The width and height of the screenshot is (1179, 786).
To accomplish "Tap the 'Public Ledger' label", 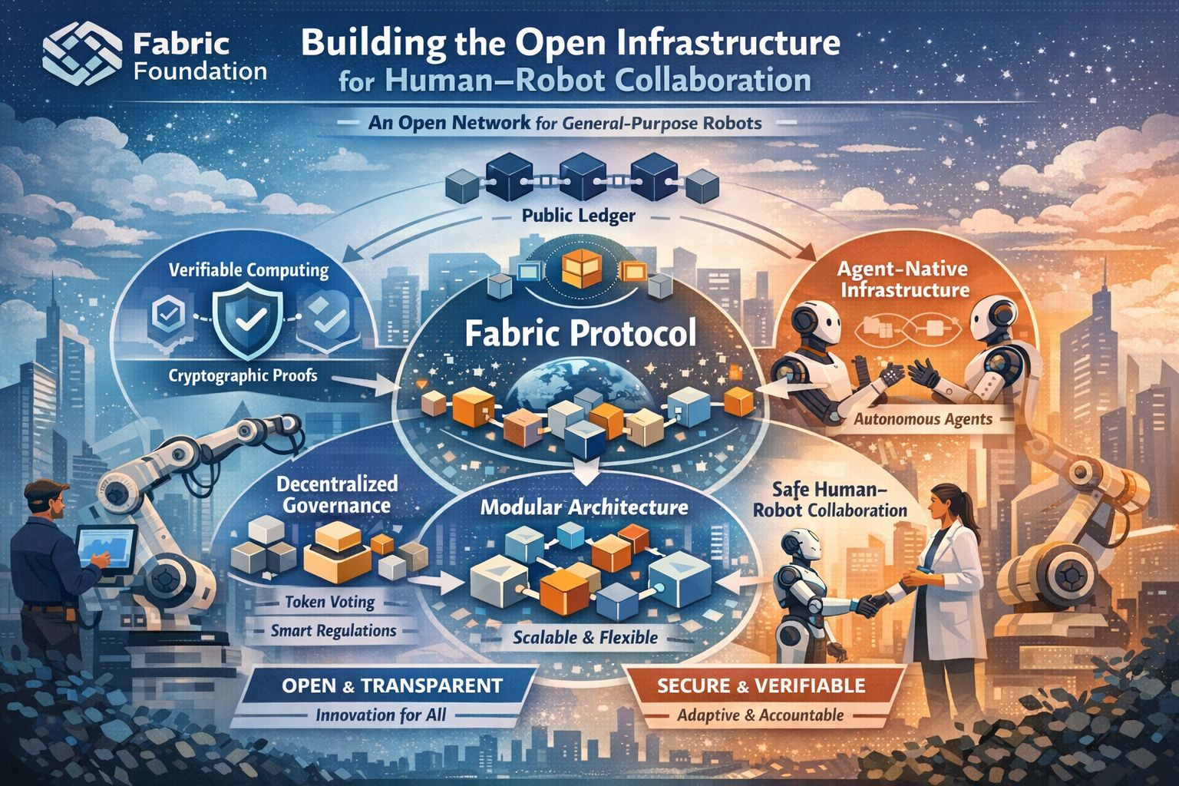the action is click(578, 216).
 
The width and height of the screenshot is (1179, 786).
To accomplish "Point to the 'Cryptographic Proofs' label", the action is click(243, 376).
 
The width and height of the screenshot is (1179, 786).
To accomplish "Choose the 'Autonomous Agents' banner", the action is click(923, 419).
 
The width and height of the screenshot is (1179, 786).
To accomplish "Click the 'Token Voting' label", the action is click(330, 602).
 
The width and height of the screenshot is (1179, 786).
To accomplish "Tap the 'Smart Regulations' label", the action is click(334, 631).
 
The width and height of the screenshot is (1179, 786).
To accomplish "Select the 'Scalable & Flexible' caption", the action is click(585, 636).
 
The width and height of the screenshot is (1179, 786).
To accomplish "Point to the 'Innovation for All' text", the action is click(381, 715).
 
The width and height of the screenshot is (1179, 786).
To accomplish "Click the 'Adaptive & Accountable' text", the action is click(760, 715).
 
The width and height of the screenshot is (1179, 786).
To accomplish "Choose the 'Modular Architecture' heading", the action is click(584, 507).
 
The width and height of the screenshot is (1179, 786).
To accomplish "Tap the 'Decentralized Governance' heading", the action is click(337, 495).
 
